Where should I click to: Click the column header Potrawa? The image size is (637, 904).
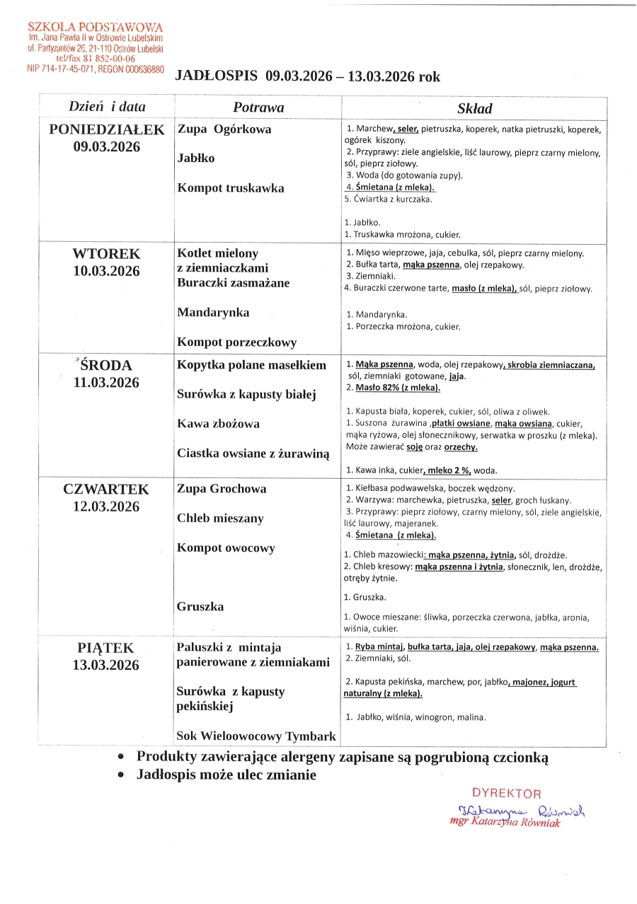tap(258, 108)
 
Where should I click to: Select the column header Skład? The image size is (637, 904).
tap(474, 109)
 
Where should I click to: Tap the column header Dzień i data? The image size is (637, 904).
tap(107, 107)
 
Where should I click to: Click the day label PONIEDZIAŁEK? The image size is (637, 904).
tap(107, 129)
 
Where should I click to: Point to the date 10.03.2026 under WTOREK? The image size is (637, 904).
tap(107, 271)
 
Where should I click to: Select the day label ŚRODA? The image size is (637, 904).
tap(107, 366)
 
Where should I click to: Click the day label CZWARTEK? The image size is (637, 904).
tap(107, 489)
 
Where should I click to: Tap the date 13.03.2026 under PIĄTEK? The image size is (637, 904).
tap(107, 665)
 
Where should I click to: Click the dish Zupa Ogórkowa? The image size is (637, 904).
tap(224, 129)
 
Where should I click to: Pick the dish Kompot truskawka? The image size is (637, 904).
tap(231, 188)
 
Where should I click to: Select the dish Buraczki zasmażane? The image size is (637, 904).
tap(234, 283)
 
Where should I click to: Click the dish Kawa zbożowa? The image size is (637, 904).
tap(218, 424)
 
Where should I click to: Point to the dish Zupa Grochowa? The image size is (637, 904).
tap(222, 489)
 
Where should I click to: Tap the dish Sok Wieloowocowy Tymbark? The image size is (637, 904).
tap(256, 736)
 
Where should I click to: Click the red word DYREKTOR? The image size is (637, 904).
tap(506, 794)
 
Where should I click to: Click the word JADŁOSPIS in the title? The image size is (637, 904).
tap(217, 77)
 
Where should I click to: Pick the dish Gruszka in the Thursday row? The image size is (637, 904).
tap(200, 607)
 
